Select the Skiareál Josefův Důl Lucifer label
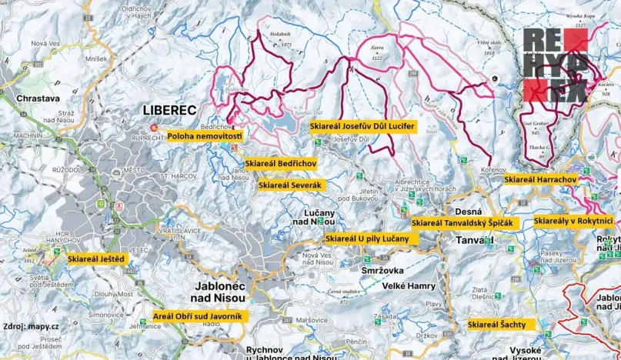[x=362, y=125]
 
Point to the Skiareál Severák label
[x=289, y=185]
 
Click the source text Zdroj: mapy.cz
[x=32, y=326]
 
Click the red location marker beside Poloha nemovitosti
[x=153, y=128]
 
